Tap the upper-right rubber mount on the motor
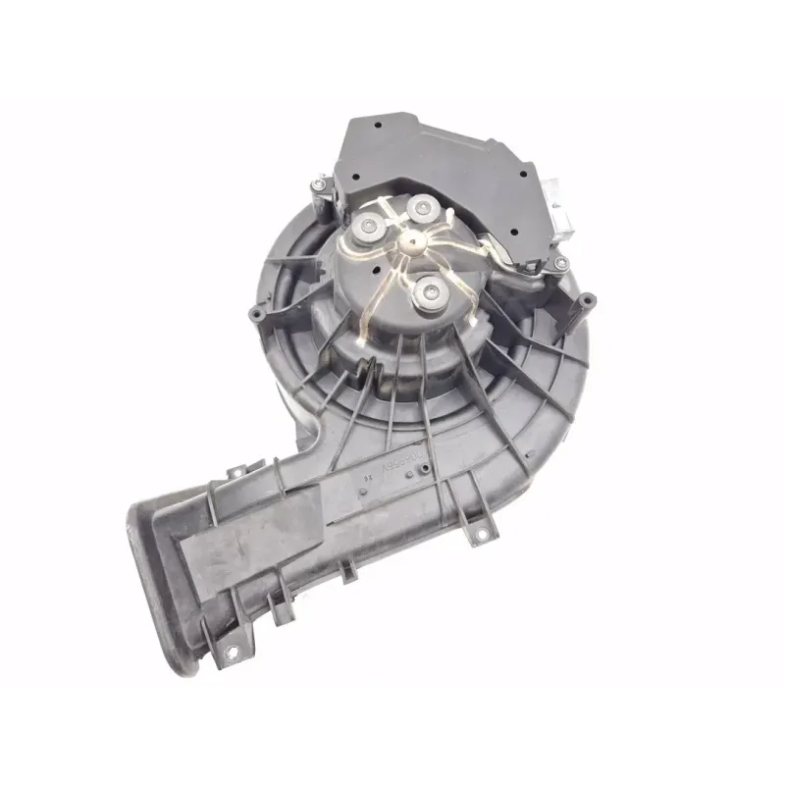coord(423,208)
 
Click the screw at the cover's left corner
coord(320,183)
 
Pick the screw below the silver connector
coord(559,264)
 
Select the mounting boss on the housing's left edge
coord(257,314)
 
